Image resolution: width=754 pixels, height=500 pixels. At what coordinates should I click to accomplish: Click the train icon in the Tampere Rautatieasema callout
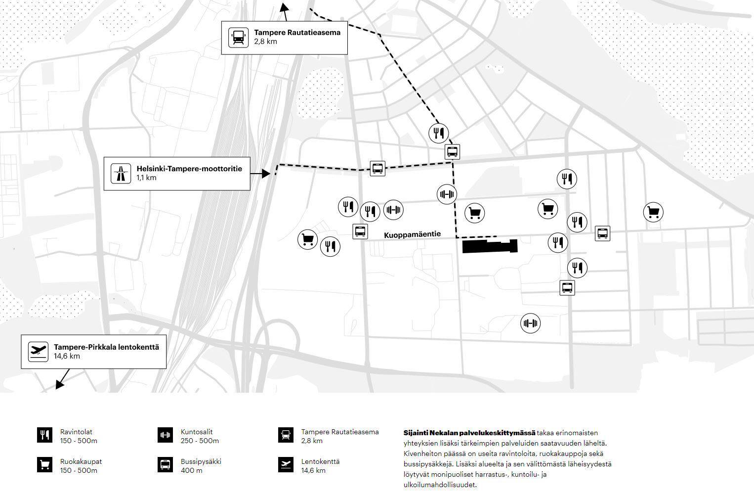pos(238,38)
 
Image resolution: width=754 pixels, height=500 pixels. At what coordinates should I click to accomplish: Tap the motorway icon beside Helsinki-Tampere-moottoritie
pos(120,174)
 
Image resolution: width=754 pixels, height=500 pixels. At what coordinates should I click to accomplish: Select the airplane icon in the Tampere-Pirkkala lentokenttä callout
pos(38,352)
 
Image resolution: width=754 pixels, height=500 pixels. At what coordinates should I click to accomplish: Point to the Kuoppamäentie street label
pos(412,234)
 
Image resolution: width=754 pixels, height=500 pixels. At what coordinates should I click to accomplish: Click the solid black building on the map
pos(489,246)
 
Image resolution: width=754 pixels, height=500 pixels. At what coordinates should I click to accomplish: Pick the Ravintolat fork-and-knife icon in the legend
pos(44,435)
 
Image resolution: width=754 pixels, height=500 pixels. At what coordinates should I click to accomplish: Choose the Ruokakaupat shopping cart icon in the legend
pos(44,465)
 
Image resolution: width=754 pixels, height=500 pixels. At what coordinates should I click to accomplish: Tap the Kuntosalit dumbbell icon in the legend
pos(165,435)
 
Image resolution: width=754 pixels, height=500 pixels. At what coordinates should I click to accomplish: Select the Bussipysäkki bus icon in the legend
pos(165,465)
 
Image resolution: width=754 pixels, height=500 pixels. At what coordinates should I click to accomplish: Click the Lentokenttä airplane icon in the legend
pos(286,465)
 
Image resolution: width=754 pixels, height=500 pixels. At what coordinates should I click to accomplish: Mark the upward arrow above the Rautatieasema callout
pos(284,6)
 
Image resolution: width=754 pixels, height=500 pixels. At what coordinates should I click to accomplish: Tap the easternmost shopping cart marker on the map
pos(653,212)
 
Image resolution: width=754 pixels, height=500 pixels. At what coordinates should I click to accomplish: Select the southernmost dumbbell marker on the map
pos(530,323)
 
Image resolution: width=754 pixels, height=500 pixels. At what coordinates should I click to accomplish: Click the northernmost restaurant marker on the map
pos(438,133)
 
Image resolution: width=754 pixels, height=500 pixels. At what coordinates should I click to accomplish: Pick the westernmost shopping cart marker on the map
pos(307,239)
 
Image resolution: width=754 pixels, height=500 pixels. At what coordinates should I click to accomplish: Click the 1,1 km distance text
pos(146,178)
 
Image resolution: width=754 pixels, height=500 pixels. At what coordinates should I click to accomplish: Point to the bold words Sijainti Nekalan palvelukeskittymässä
pos(469,433)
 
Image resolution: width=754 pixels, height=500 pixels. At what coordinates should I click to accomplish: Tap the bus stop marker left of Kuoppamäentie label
pos(360,231)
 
